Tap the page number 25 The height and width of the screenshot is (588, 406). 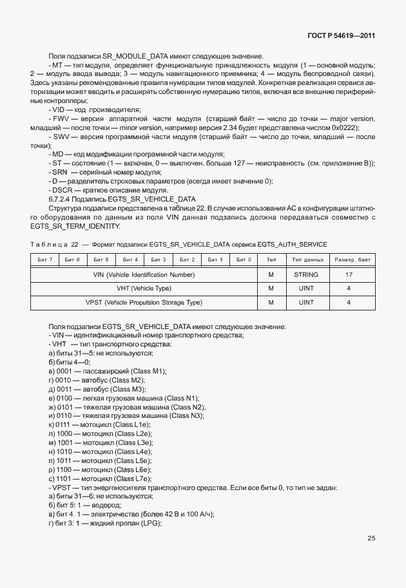(x=371, y=538)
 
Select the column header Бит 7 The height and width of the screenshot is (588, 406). (x=44, y=260)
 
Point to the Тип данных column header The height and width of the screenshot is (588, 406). (x=307, y=260)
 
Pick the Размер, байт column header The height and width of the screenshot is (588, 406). (x=351, y=260)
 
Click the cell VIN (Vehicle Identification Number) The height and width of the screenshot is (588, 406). (x=144, y=274)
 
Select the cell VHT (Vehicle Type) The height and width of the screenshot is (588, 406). (x=144, y=288)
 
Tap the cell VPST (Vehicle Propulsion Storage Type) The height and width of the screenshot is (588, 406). (x=144, y=302)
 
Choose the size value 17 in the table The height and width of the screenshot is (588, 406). (x=349, y=274)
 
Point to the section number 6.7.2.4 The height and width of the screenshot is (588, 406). (x=62, y=199)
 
